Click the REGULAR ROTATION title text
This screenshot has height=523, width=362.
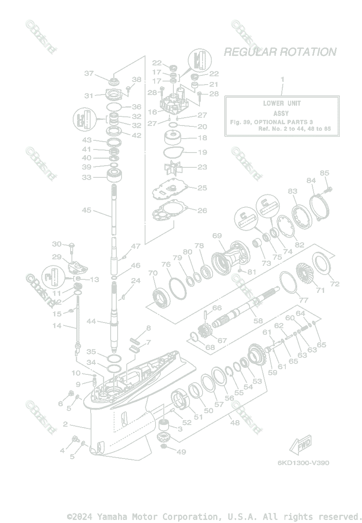[280, 52]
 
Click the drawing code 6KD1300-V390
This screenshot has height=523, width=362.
[303, 462]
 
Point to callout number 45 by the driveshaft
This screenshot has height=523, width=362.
[87, 210]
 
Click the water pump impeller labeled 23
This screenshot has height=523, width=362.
[174, 167]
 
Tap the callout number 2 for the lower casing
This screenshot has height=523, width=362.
[65, 424]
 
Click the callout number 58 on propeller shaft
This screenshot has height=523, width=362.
[258, 320]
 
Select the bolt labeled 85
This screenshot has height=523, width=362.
[328, 189]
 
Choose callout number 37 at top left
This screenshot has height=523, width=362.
[89, 73]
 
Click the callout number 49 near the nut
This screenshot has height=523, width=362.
[181, 452]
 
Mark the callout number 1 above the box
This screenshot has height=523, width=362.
[282, 79]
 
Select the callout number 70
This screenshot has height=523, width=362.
[152, 273]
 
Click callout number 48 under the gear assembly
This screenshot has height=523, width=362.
[235, 422]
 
